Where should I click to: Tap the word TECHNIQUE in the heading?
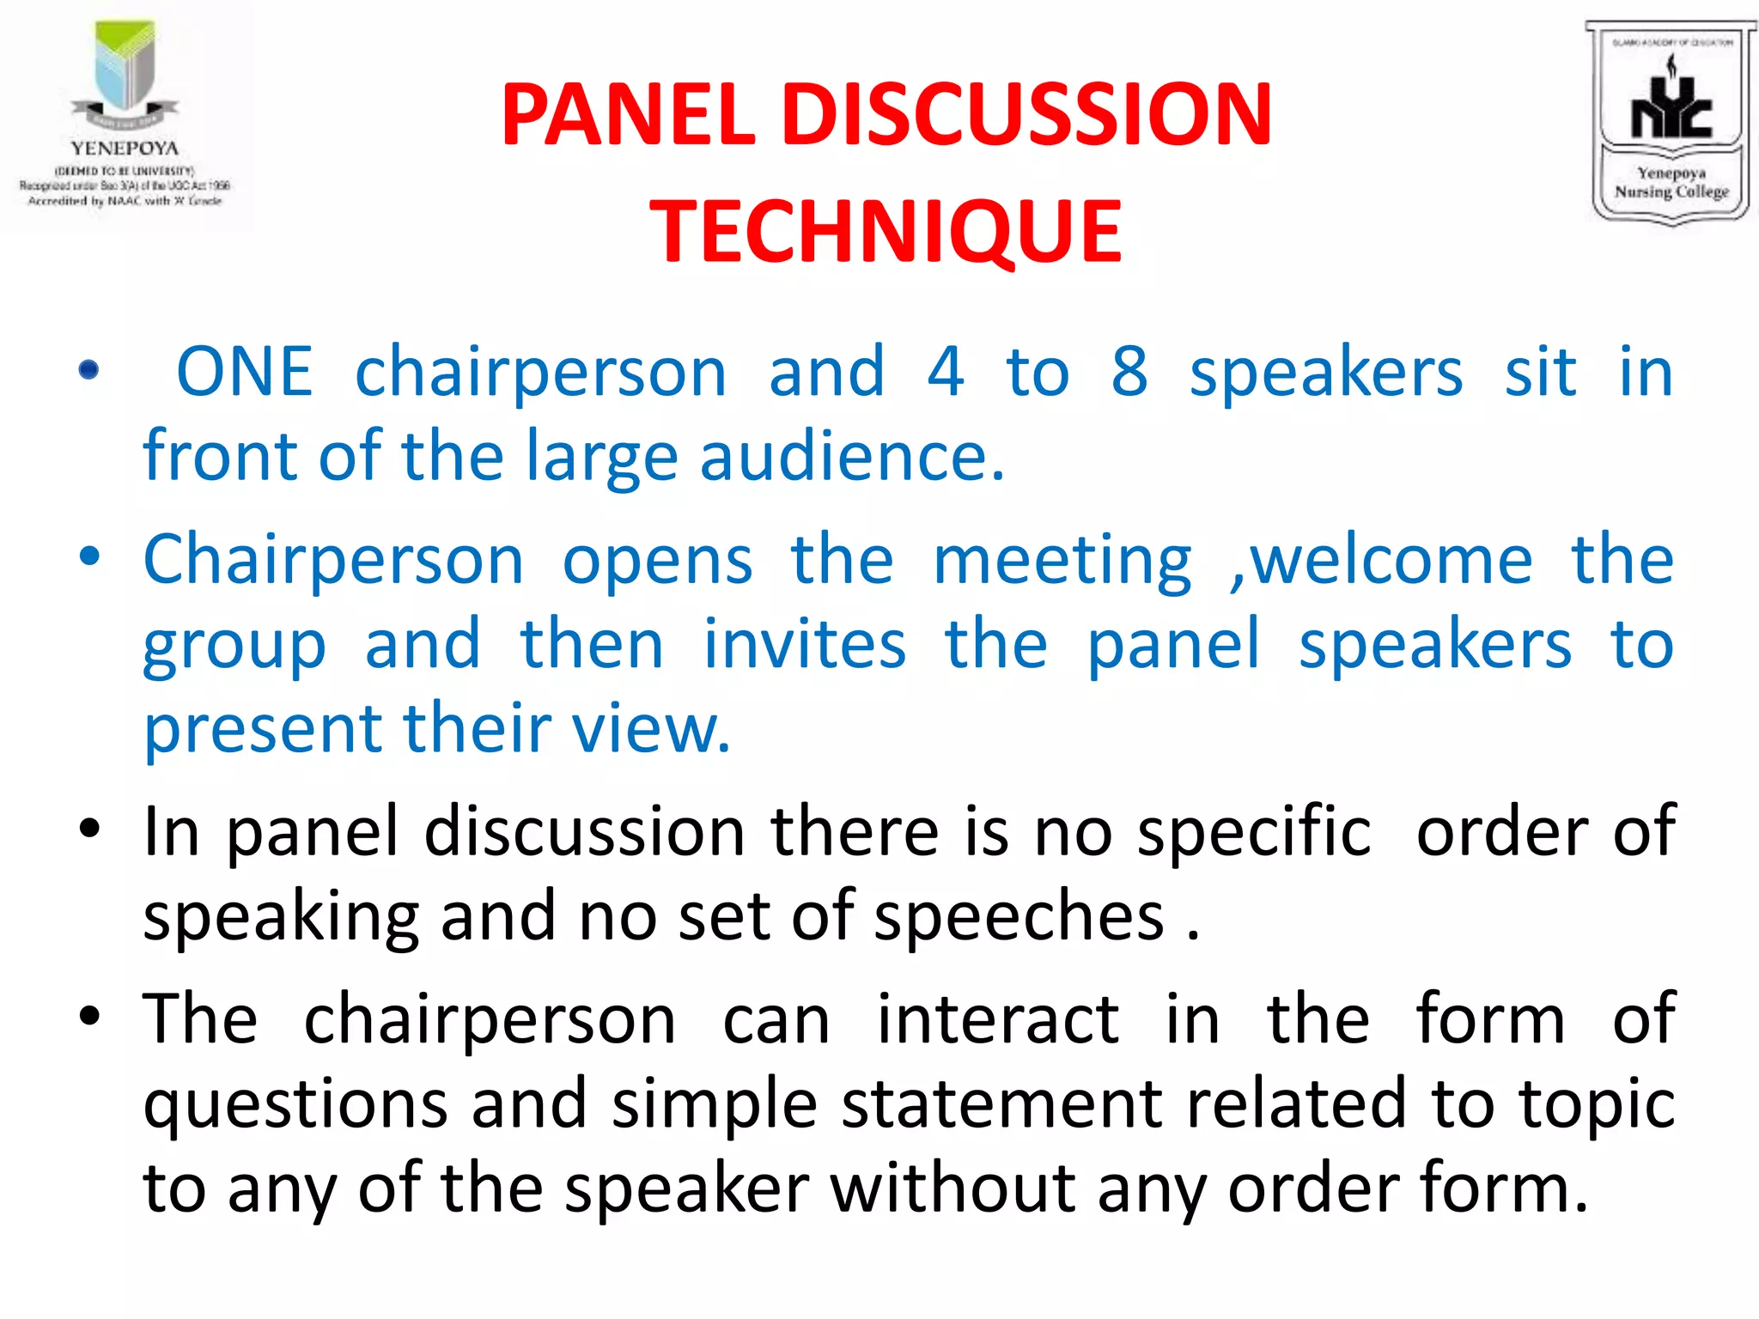tap(886, 231)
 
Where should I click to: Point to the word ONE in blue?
tap(245, 372)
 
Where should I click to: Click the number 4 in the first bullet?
tap(946, 372)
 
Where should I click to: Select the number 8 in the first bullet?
tap(1129, 372)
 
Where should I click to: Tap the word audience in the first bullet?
tap(851, 456)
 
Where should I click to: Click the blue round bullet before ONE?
tap(88, 371)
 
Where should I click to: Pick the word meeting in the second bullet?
tap(1062, 561)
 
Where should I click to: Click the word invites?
tap(805, 644)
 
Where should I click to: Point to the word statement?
tap(1001, 1104)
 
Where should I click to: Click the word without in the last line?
tap(953, 1188)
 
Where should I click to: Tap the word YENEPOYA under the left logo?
tap(125, 149)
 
